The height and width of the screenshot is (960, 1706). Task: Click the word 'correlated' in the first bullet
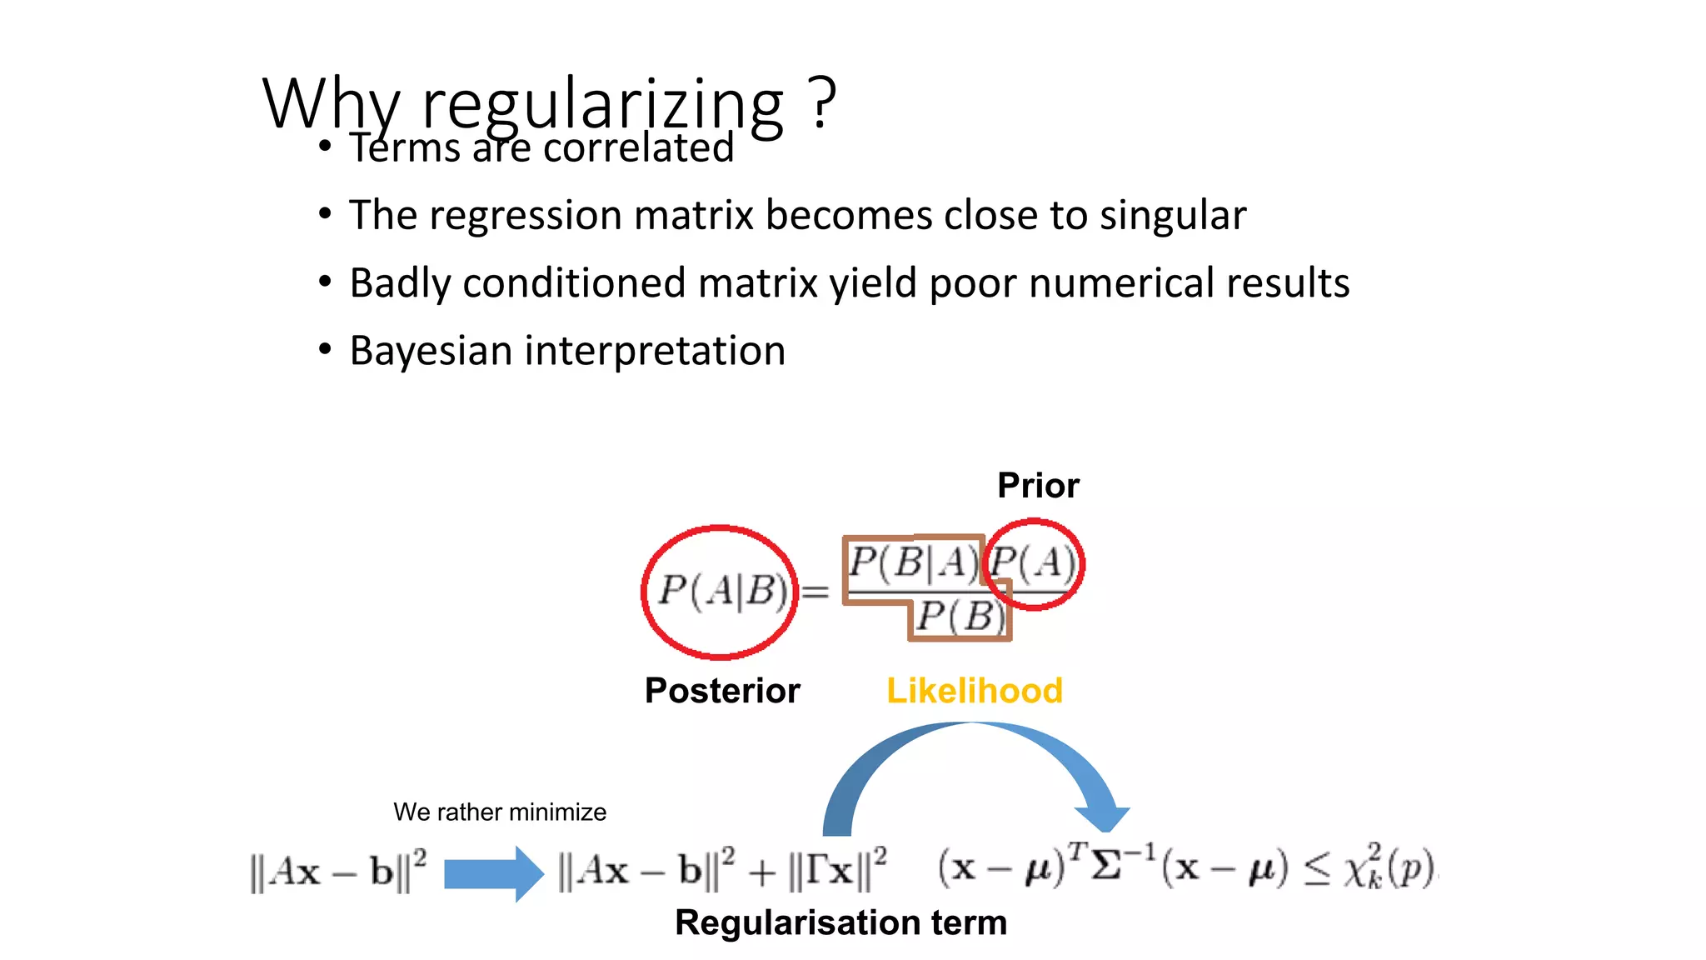638,148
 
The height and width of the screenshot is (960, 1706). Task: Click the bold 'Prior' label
1038,486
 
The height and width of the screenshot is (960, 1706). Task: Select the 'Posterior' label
722,691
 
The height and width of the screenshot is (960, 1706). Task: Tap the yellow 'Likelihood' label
974,691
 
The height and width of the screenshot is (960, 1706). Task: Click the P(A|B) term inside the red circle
722,591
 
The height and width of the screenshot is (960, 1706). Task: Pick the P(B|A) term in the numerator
913,563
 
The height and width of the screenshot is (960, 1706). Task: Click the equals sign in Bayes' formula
815,592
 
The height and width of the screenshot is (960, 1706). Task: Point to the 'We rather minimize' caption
500,812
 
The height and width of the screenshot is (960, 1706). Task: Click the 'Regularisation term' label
841,922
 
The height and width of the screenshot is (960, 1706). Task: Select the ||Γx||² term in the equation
837,869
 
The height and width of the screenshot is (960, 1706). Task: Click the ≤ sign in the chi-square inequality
1317,871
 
